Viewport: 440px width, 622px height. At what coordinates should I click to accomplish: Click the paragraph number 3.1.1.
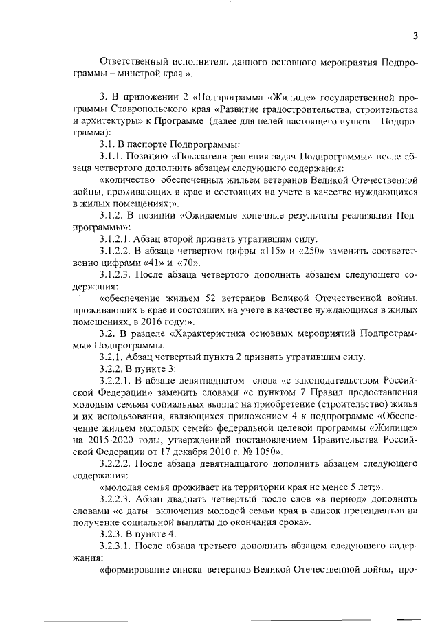pos(115,157)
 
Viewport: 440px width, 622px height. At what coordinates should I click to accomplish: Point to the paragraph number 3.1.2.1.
pos(119,240)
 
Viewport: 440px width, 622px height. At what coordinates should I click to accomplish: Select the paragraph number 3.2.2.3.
pos(119,500)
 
